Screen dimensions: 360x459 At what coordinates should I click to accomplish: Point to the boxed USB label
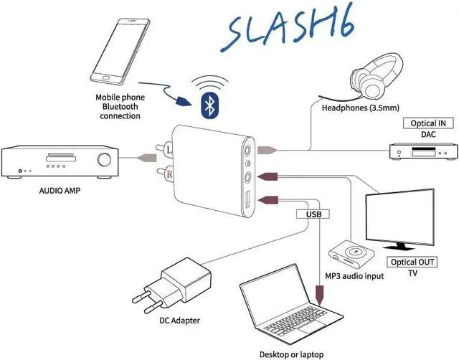click(x=311, y=213)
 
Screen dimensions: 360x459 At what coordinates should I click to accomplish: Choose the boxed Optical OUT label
click(x=412, y=261)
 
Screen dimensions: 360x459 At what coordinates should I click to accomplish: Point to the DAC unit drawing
click(x=422, y=151)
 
